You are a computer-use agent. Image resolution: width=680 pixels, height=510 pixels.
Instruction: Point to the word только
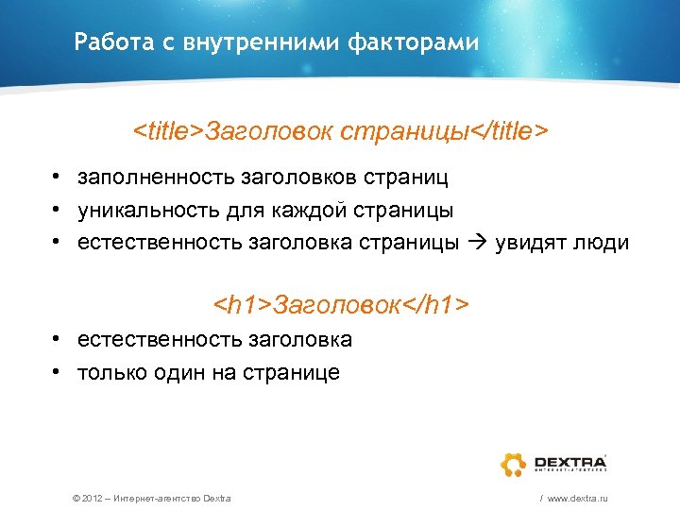(111, 372)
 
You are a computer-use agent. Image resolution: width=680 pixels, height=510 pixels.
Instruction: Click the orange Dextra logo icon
(514, 463)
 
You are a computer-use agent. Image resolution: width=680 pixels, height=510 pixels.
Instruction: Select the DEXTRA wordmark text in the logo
(569, 460)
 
